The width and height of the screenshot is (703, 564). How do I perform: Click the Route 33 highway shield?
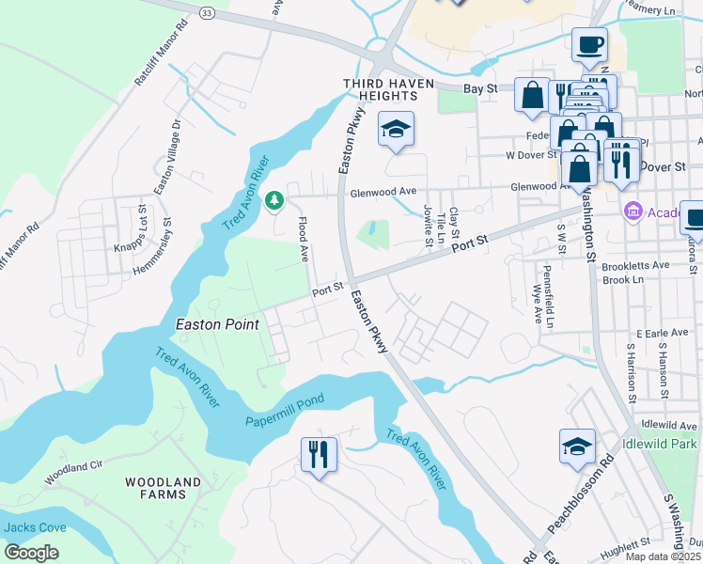207,12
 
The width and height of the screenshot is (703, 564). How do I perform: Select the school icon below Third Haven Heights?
396,130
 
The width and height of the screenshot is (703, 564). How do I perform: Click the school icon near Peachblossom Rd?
577,447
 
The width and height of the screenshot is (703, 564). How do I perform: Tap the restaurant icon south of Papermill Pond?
319,456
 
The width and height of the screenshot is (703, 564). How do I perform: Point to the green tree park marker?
273,200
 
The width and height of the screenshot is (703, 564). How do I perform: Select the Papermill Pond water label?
285,410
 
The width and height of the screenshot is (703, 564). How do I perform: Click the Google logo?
31,553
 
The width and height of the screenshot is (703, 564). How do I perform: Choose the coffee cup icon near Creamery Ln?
589,44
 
